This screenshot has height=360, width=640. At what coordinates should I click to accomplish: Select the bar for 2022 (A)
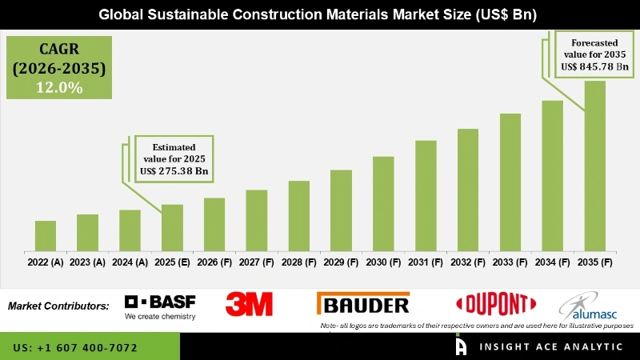click(x=46, y=235)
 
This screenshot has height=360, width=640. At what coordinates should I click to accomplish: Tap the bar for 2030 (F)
click(x=383, y=203)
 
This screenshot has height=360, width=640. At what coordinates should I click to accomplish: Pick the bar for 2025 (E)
click(x=172, y=227)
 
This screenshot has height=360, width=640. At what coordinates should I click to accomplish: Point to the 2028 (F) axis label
click(x=298, y=262)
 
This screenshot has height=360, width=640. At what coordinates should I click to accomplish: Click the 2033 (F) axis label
click(x=510, y=262)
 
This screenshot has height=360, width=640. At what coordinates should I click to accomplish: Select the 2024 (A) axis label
click(x=130, y=262)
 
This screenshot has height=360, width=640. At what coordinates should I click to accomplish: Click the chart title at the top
click(x=320, y=14)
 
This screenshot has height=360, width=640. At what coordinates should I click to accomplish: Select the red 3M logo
click(x=249, y=304)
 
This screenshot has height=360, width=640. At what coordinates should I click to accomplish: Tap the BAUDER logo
click(x=364, y=304)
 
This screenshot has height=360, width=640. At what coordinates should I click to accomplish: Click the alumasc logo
click(x=587, y=306)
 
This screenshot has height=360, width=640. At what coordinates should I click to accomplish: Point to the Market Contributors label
click(x=58, y=306)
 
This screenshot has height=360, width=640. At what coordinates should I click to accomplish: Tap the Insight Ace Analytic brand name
click(x=552, y=347)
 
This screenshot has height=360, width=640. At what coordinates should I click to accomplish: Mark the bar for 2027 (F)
click(x=256, y=220)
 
